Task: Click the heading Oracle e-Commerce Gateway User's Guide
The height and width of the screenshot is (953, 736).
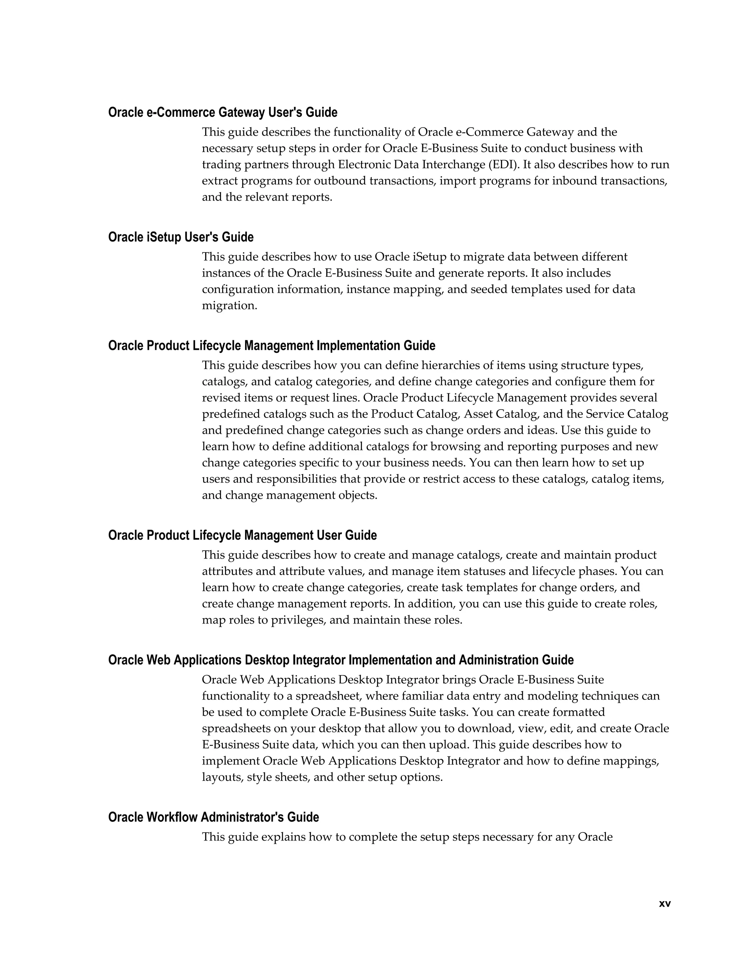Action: (222, 113)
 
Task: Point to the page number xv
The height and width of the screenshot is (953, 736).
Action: (664, 904)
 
